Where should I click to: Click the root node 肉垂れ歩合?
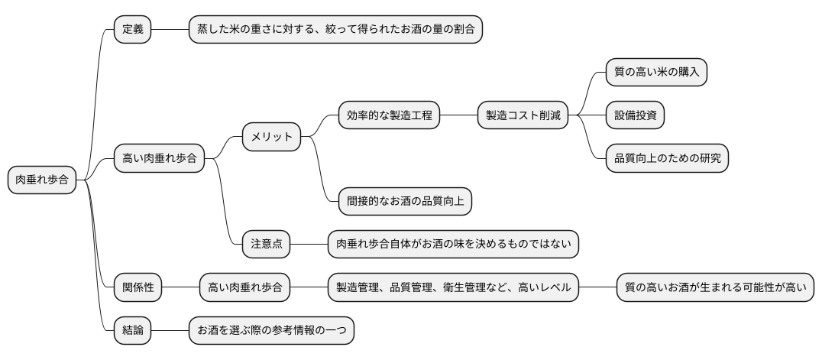click(x=42, y=180)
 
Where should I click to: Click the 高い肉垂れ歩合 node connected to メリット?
click(x=159, y=159)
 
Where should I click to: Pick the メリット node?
click(x=272, y=137)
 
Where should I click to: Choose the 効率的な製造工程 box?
click(x=389, y=115)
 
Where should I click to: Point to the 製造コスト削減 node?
click(x=523, y=115)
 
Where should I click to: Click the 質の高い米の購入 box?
click(x=655, y=73)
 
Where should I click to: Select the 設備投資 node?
click(x=635, y=115)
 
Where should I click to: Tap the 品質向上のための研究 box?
click(x=666, y=159)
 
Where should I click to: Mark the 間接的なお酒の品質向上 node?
click(x=405, y=202)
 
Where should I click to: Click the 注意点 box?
click(x=267, y=245)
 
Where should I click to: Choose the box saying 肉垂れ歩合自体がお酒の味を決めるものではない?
click(x=453, y=245)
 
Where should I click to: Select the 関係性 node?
click(x=138, y=288)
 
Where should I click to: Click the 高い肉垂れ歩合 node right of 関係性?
click(x=245, y=288)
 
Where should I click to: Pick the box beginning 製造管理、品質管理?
click(x=453, y=288)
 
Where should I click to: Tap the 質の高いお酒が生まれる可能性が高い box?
click(x=715, y=288)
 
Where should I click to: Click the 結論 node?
click(x=132, y=331)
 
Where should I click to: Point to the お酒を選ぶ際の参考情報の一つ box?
click(x=271, y=331)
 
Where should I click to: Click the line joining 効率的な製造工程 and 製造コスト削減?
click(x=459, y=115)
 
